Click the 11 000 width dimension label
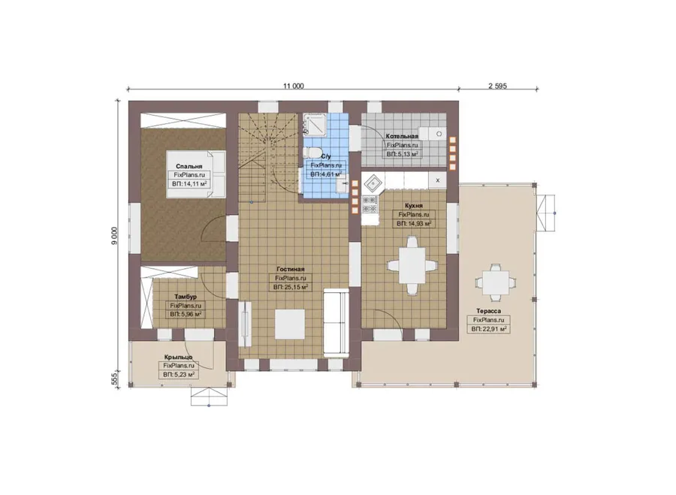pos(293,86)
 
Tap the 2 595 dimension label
pos(497,86)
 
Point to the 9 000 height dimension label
pos(114,236)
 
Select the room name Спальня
pos(189,166)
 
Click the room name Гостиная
pos(291,269)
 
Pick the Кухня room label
pos(413,206)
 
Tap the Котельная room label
pos(402,136)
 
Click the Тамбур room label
pos(186,297)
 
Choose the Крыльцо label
pos(179,357)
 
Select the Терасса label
pos(488,311)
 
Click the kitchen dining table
pos(412,264)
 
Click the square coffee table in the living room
pos(290,324)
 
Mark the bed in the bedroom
pos(196,174)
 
